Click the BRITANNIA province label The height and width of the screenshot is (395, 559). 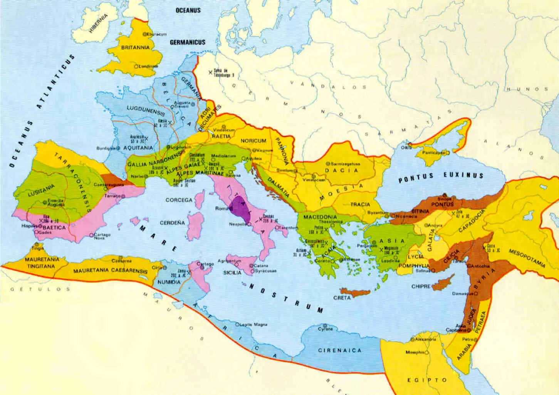(135, 48)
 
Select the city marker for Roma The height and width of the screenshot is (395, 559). (230, 208)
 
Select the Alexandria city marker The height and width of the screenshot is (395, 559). (412, 340)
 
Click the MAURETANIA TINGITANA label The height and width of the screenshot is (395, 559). (42, 262)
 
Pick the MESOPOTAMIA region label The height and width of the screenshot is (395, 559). (527, 258)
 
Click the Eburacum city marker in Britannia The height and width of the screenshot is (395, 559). (145, 34)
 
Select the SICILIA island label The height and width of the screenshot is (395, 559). (232, 272)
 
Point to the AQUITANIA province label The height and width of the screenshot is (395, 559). (138, 148)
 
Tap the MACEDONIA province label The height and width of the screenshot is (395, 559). (317, 217)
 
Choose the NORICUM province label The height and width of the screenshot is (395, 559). (253, 141)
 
